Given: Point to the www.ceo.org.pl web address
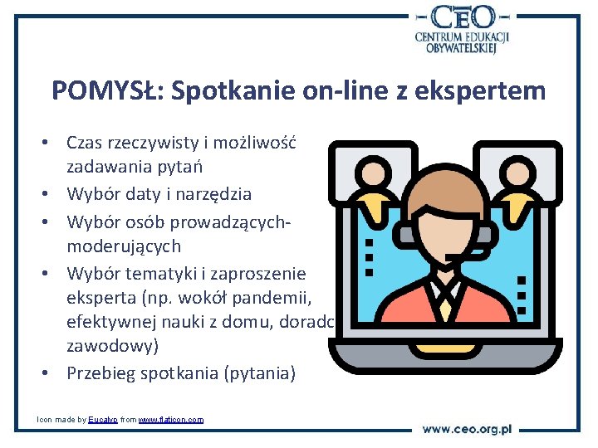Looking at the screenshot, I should tap(467, 429).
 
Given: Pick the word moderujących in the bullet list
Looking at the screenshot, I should tap(124, 246).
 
